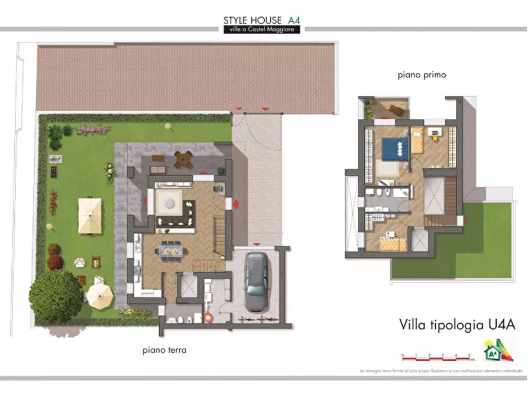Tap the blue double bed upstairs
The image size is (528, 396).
coord(394,148)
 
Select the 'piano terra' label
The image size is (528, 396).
coord(164,350)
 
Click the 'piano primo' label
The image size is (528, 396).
coord(422,75)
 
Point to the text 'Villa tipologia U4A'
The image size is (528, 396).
coord(449,324)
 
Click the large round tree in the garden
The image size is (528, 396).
coord(56,296)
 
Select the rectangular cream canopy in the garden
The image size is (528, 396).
coord(90,215)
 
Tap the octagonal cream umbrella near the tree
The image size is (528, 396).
coord(100,294)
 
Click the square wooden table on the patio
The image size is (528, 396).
coord(183,158)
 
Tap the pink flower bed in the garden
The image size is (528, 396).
coord(93,129)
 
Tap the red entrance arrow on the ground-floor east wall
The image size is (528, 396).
coord(236,204)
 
